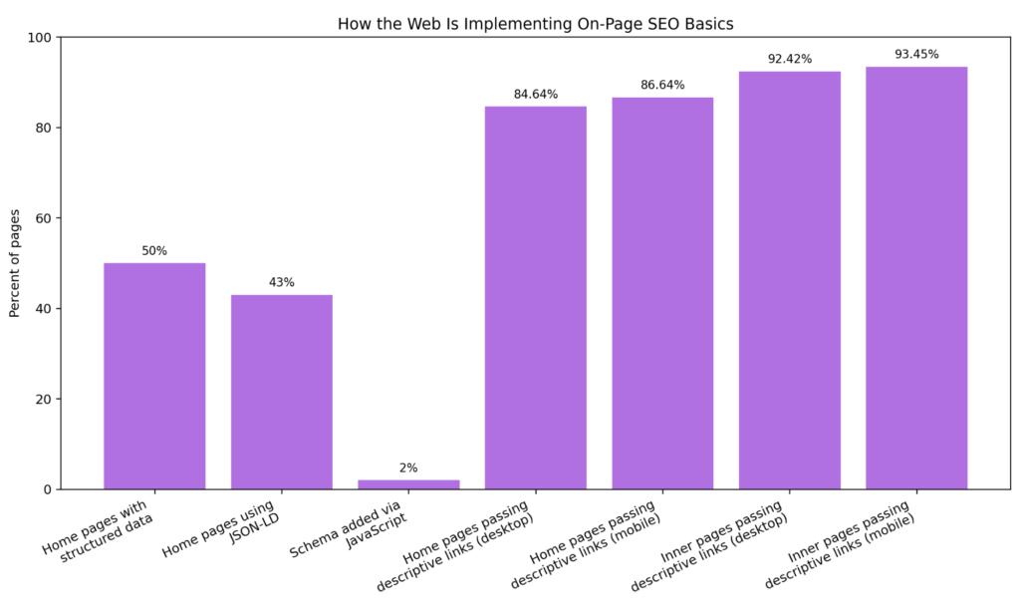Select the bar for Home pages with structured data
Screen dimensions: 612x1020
[154, 376]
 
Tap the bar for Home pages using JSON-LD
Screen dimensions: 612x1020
[281, 392]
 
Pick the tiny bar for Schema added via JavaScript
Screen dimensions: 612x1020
[408, 484]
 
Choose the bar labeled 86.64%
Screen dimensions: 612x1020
[662, 293]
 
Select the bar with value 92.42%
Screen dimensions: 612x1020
[789, 280]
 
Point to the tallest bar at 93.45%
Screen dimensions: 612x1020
[916, 278]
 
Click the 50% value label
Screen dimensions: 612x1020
[154, 251]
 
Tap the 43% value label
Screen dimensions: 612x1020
[281, 283]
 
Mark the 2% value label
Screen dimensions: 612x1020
[408, 468]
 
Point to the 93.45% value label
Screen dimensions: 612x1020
[916, 55]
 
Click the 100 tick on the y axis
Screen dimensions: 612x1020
[42, 38]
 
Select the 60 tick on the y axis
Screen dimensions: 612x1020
[45, 218]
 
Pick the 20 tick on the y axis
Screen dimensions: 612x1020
[45, 399]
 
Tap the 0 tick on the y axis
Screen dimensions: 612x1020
[49, 489]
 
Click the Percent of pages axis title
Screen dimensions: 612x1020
[15, 263]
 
